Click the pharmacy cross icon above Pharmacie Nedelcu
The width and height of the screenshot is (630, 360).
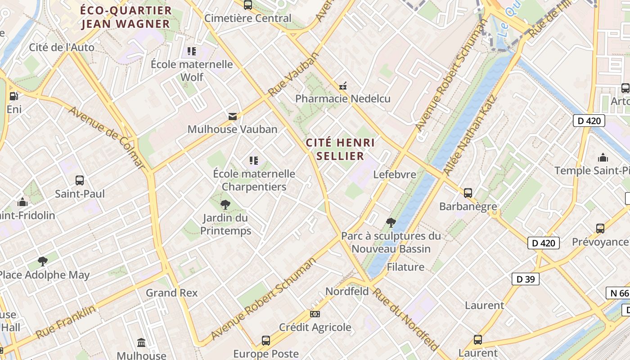pyautogui.click(x=343, y=86)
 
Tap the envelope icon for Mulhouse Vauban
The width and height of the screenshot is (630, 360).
pyautogui.click(x=232, y=117)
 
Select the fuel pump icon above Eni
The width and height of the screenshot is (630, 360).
pyautogui.click(x=14, y=96)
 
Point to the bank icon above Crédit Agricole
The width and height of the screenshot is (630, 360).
pyautogui.click(x=315, y=314)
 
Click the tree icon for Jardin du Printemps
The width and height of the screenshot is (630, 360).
pyautogui.click(x=225, y=205)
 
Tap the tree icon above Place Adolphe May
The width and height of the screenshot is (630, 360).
pyautogui.click(x=43, y=261)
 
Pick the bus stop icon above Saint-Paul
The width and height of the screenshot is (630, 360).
pyautogui.click(x=80, y=180)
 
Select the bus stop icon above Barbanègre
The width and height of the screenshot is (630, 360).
pyautogui.click(x=468, y=193)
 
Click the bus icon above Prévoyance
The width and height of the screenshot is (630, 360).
pyautogui.click(x=600, y=229)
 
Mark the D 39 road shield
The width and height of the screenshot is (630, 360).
pyautogui.click(x=525, y=279)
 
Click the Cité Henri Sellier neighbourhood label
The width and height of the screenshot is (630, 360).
pyautogui.click(x=340, y=149)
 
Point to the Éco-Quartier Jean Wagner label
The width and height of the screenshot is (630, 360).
pyautogui.click(x=126, y=17)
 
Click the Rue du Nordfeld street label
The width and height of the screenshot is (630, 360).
pyautogui.click(x=406, y=319)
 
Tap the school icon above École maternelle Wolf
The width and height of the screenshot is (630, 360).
pyautogui.click(x=192, y=51)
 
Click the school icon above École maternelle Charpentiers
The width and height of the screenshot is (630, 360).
pyautogui.click(x=254, y=160)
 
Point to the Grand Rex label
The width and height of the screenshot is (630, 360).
pyautogui.click(x=171, y=293)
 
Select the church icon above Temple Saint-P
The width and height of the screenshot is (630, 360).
pyautogui.click(x=603, y=157)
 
